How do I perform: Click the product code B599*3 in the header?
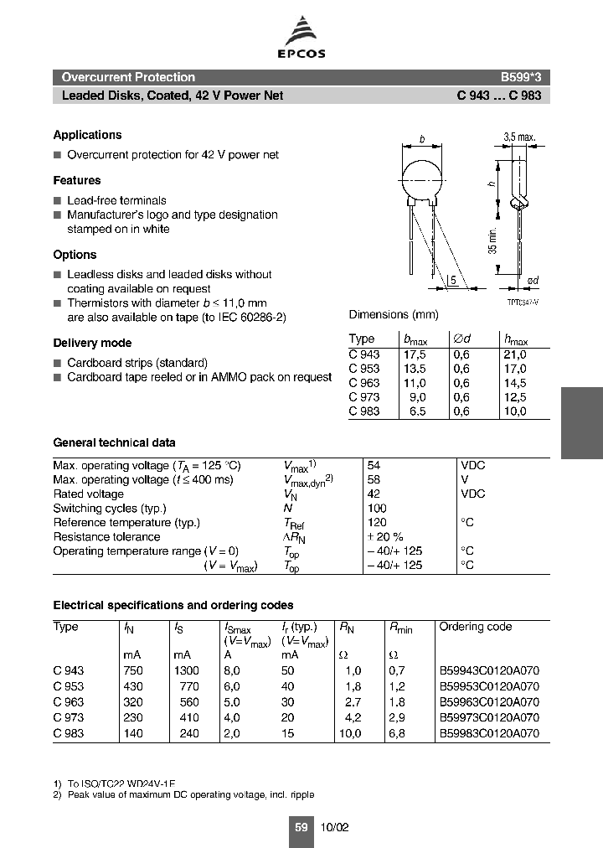[x=520, y=77]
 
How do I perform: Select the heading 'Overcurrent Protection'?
[x=128, y=77]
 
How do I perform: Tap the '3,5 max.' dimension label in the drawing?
[x=519, y=137]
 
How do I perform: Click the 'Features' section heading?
[x=77, y=180]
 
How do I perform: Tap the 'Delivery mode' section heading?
[x=92, y=343]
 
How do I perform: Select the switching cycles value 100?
[x=376, y=508]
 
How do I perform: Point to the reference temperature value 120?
[x=376, y=522]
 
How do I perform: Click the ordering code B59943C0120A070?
[x=489, y=670]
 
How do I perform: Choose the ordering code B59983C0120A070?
[x=489, y=733]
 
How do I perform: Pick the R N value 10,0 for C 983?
[x=349, y=733]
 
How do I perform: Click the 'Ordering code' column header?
[x=476, y=627]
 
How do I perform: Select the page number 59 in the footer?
[x=301, y=827]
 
